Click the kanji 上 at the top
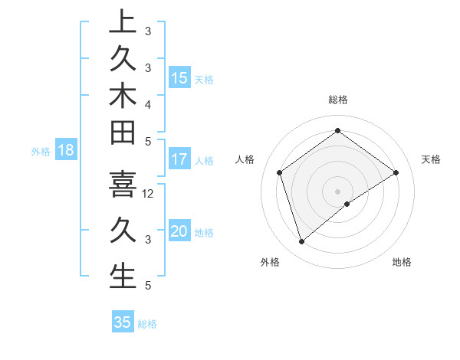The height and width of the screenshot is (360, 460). [x=123, y=21]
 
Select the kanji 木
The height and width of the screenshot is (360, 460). [x=123, y=95]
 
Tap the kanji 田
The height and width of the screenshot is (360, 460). [x=123, y=133]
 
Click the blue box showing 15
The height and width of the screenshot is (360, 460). [x=179, y=77]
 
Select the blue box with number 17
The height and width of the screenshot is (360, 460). [x=179, y=160]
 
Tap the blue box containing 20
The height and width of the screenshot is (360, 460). [x=179, y=232]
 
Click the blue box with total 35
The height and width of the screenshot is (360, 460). [x=123, y=322]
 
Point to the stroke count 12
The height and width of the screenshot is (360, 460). [x=149, y=194]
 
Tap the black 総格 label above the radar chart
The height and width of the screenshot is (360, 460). [x=338, y=100]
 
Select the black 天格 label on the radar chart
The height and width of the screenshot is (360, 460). [x=431, y=159]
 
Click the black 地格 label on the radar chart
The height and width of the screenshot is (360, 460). [x=402, y=262]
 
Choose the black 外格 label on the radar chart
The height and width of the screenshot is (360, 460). [x=271, y=262]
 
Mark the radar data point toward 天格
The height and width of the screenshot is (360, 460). [x=396, y=172]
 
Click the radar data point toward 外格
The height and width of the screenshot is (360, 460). [x=301, y=242]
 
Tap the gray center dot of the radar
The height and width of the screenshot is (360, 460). [x=337, y=191]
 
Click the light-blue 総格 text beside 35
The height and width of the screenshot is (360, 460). [x=147, y=324]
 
